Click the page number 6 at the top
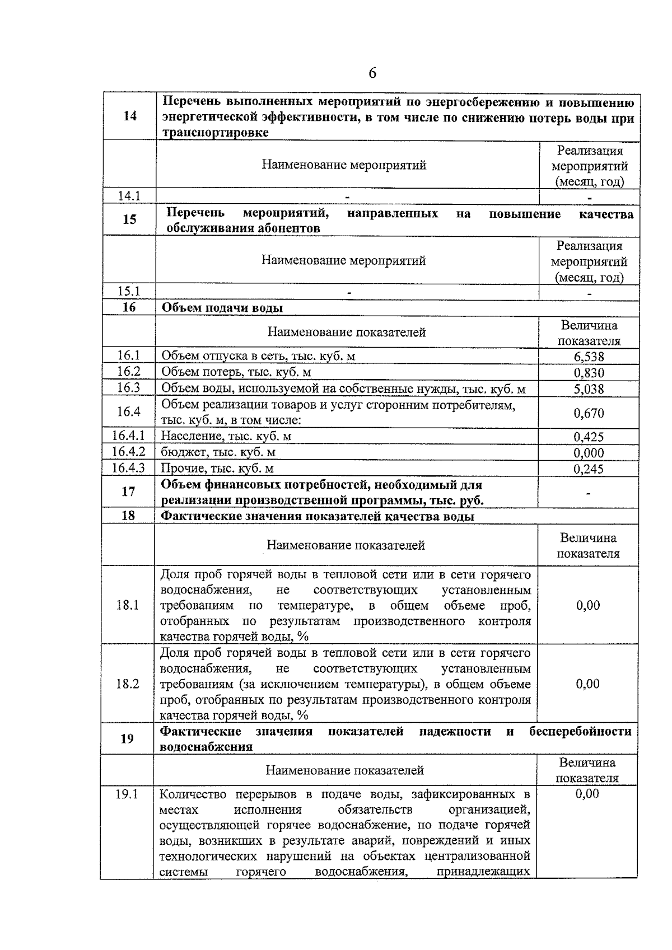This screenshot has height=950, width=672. (372, 74)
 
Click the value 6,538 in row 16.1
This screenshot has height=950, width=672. (589, 357)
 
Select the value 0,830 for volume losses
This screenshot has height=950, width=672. (589, 373)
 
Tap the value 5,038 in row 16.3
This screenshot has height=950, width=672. (589, 389)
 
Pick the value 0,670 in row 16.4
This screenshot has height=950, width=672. (589, 413)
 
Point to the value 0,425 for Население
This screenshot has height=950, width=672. (589, 437)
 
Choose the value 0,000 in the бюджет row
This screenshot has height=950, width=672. (589, 453)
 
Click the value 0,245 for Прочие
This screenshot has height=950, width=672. (589, 469)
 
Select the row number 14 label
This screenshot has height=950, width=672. (129, 116)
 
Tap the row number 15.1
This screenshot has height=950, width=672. (129, 291)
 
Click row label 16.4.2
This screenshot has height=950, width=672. (128, 452)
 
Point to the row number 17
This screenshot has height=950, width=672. (128, 492)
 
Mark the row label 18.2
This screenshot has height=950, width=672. (127, 684)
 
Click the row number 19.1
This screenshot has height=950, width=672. (127, 794)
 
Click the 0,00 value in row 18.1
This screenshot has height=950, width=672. (587, 605)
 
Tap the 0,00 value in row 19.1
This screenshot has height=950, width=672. (587, 794)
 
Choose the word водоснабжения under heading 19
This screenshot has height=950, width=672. (206, 747)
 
